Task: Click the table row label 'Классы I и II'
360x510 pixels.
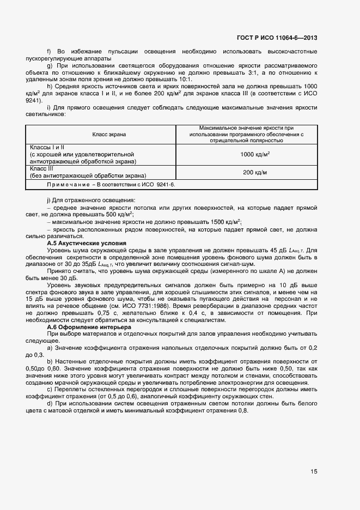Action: point(47,147)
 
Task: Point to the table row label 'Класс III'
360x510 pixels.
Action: point(42,169)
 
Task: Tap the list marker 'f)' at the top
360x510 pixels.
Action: point(50,51)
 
